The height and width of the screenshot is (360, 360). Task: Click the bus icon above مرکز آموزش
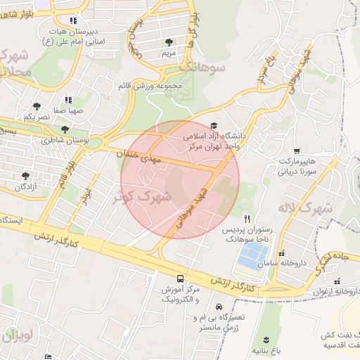coord(181,278)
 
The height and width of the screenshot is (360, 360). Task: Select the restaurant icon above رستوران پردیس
coord(247,219)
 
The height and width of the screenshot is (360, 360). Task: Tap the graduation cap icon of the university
coord(214,125)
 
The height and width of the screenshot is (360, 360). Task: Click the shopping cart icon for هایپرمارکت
coord(297,150)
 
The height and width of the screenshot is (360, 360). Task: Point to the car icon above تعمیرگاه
coord(219,307)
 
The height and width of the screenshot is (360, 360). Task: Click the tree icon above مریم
coord(167,42)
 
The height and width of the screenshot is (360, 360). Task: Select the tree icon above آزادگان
coord(26,176)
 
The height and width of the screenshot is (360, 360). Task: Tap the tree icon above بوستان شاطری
coord(65,130)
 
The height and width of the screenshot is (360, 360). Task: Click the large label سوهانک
coord(203,67)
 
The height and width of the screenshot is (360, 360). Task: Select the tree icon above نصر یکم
coord(35,106)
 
